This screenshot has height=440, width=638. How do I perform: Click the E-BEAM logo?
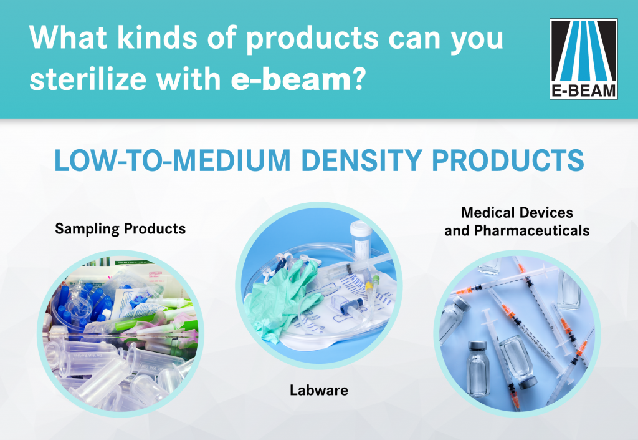pyautogui.click(x=583, y=59)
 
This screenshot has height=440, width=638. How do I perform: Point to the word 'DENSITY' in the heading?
pyautogui.click(x=361, y=160)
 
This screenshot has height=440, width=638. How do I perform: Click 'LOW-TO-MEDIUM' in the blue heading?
pyautogui.click(x=173, y=160)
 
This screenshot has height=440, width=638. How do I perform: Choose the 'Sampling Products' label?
pyautogui.click(x=120, y=228)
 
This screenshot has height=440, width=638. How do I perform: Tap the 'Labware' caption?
pyautogui.click(x=319, y=390)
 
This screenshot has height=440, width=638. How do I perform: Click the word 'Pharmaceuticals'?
pyautogui.click(x=532, y=230)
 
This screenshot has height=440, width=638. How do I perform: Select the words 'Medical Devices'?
pyautogui.click(x=517, y=212)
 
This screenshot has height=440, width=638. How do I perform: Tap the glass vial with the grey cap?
pyautogui.click(x=477, y=369)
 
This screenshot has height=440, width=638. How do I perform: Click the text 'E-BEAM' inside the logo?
pyautogui.click(x=583, y=90)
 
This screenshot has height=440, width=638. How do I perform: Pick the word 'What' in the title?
pyautogui.click(x=68, y=37)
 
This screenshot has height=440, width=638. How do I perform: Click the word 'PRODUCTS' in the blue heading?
pyautogui.click(x=508, y=160)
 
